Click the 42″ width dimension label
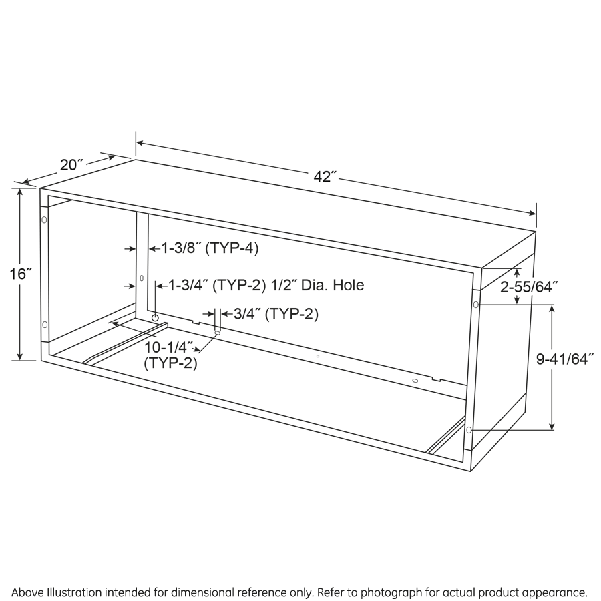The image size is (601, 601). pyautogui.click(x=325, y=177)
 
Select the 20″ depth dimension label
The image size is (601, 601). pyautogui.click(x=71, y=164)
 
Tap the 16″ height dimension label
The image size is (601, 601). pyautogui.click(x=20, y=274)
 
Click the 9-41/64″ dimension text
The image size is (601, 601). pyautogui.click(x=564, y=359)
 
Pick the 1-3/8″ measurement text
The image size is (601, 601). pyautogui.click(x=181, y=248)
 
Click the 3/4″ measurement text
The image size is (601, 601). pyautogui.click(x=248, y=314)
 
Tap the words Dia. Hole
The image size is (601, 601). pyautogui.click(x=333, y=285)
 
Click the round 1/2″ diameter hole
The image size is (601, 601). pyautogui.click(x=155, y=318)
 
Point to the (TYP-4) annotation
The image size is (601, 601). pyautogui.click(x=232, y=249)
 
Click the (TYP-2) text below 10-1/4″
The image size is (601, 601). pyautogui.click(x=170, y=363)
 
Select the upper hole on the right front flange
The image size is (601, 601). pyautogui.click(x=476, y=305)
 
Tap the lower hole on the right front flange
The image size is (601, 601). pyautogui.click(x=469, y=430)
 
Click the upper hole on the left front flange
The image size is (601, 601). pyautogui.click(x=44, y=220)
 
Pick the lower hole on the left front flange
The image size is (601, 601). pyautogui.click(x=45, y=325)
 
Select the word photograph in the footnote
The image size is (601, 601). pyautogui.click(x=391, y=592)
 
